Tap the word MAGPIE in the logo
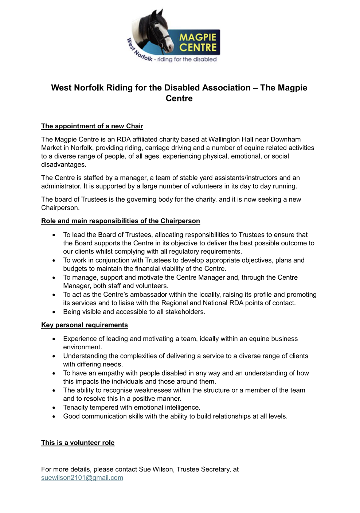[198, 37]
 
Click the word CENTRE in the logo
[198, 47]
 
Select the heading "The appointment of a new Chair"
[92, 126]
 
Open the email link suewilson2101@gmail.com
[82, 478]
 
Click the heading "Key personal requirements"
[85, 325]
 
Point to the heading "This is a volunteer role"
[78, 443]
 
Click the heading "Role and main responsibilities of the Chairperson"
[121, 221]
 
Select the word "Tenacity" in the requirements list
[76, 407]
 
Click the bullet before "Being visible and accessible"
[54, 312]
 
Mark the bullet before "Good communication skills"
[54, 416]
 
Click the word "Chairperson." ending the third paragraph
[60, 208]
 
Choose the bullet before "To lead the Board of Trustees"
[54, 235]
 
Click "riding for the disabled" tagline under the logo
[187, 59]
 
